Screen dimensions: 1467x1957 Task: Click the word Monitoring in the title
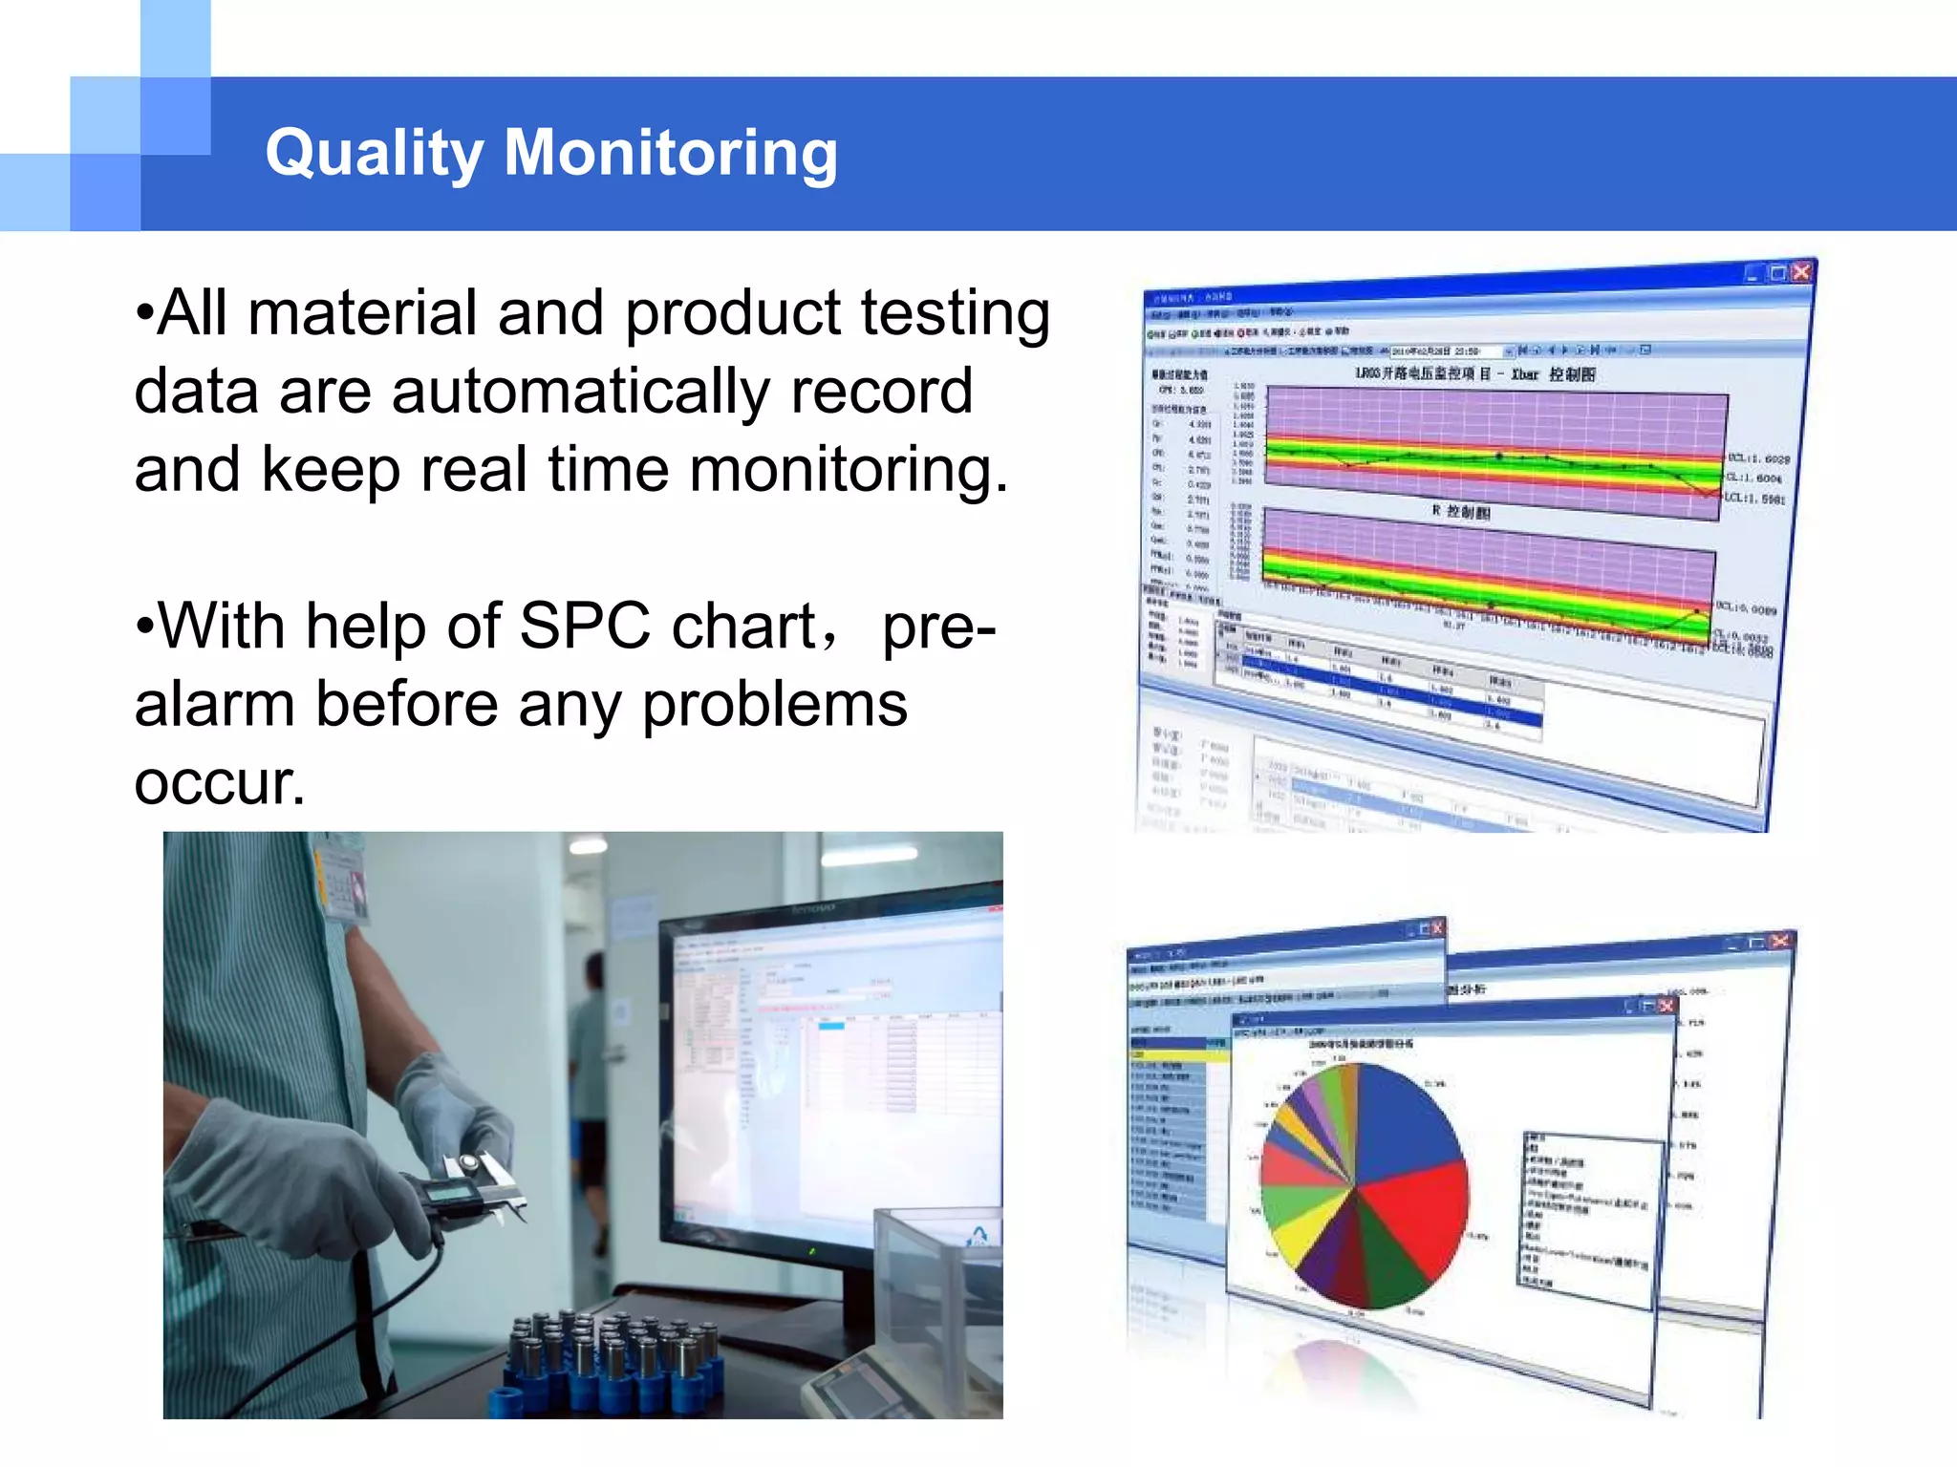pyautogui.click(x=671, y=153)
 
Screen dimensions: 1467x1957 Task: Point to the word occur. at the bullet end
pyautogui.click(x=220, y=783)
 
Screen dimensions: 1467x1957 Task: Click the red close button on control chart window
pyautogui.click(x=1801, y=272)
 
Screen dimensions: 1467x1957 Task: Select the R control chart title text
pyautogui.click(x=1462, y=512)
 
